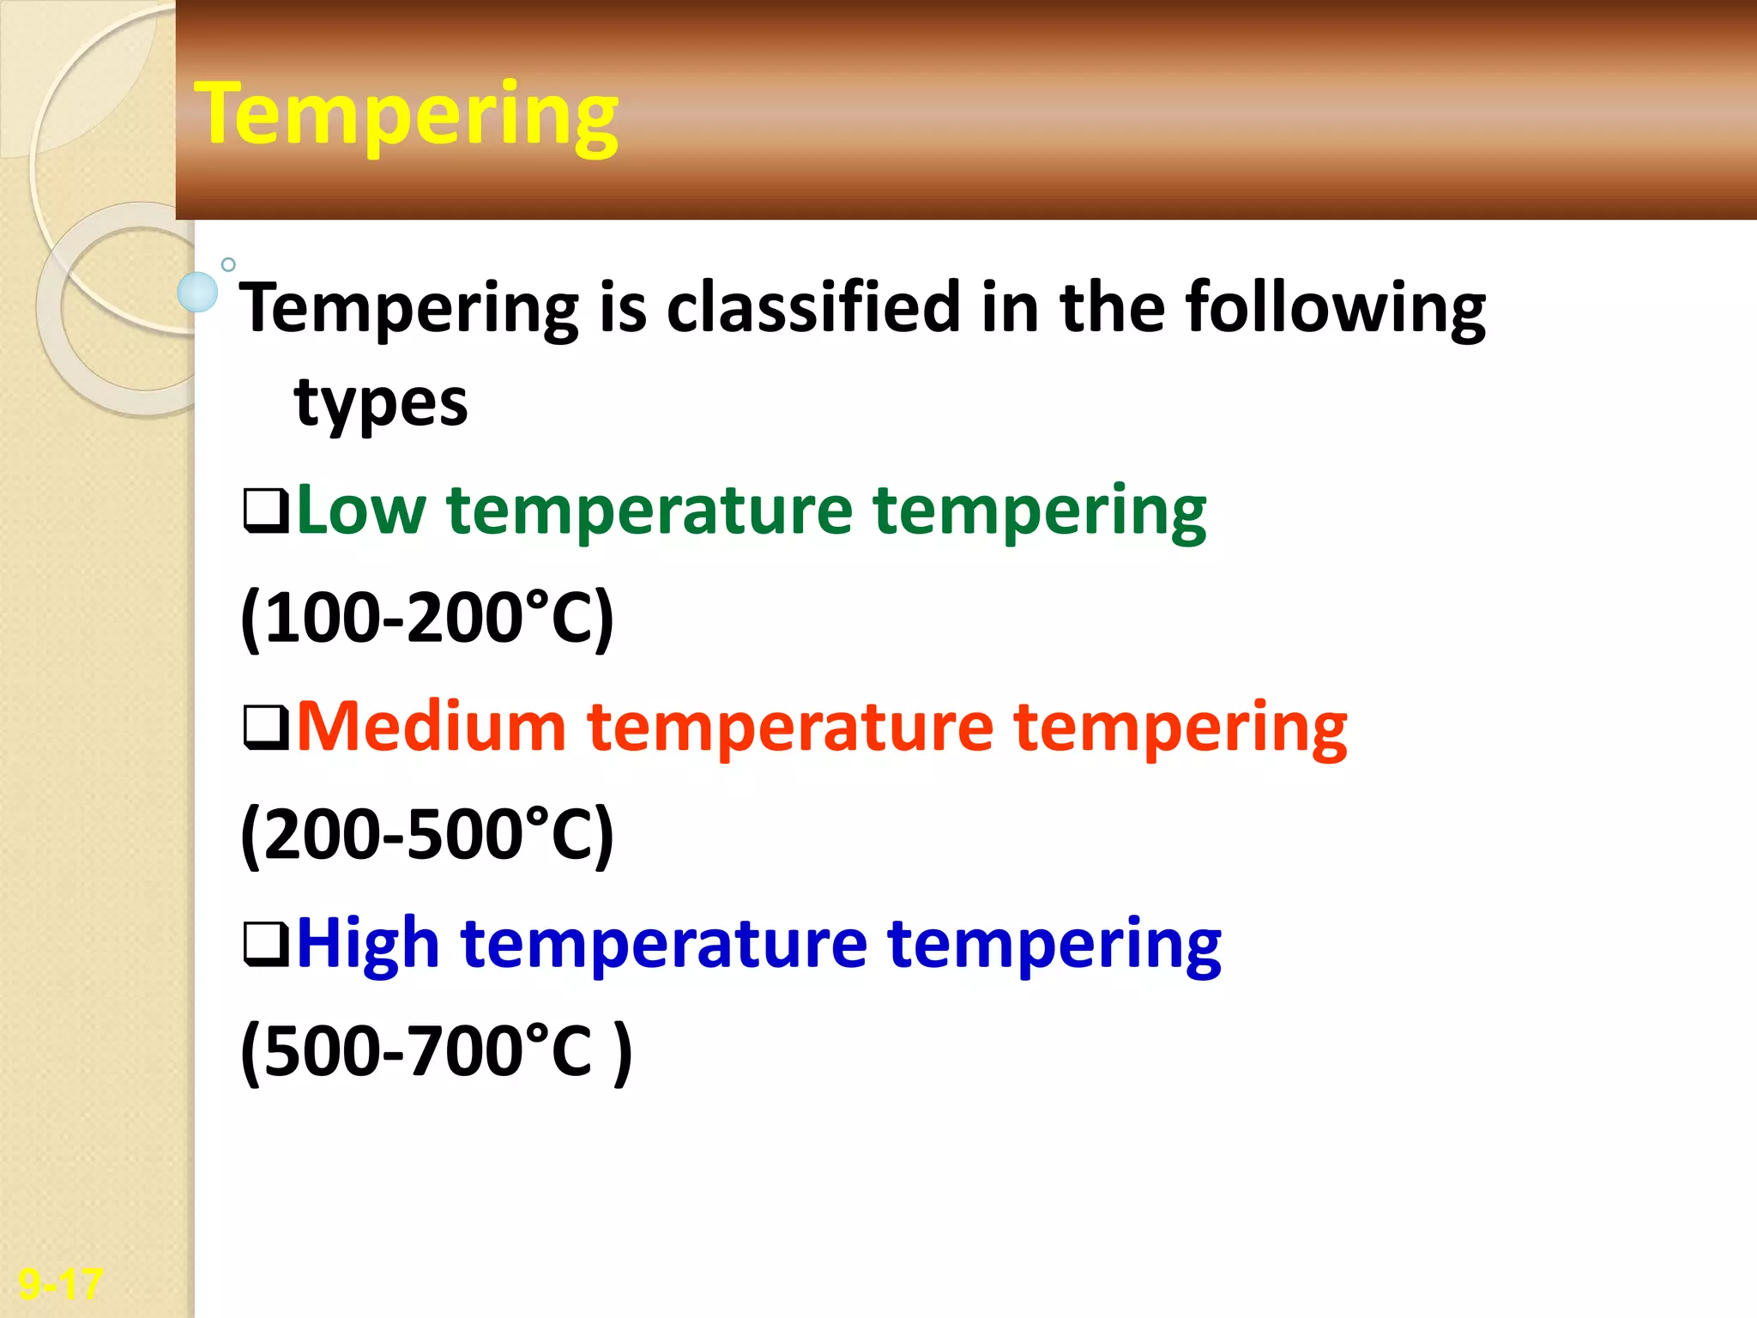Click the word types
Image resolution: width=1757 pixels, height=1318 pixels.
coord(381,404)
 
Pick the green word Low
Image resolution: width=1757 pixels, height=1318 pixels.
coord(360,511)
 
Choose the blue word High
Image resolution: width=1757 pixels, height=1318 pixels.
coord(368,943)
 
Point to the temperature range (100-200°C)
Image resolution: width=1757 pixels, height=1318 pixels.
coord(427,618)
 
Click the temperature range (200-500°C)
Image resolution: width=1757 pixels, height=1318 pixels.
coord(427,834)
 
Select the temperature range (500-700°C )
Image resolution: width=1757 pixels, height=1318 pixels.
coord(436,1051)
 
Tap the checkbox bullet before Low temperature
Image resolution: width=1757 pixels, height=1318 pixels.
coord(266,511)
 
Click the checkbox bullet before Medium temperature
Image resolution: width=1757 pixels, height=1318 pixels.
coord(266,728)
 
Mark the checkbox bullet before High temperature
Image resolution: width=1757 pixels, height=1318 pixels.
coord(266,944)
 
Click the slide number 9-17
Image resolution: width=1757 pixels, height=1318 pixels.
coord(60,1284)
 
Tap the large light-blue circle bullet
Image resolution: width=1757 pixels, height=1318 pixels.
coord(197,292)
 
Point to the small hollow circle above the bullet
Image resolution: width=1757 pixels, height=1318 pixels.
coord(228,264)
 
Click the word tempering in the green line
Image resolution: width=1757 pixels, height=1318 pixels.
coord(1039,512)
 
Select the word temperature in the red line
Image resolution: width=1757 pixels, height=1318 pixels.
coord(789,728)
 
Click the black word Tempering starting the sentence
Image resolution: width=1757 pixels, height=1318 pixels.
coord(409,309)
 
